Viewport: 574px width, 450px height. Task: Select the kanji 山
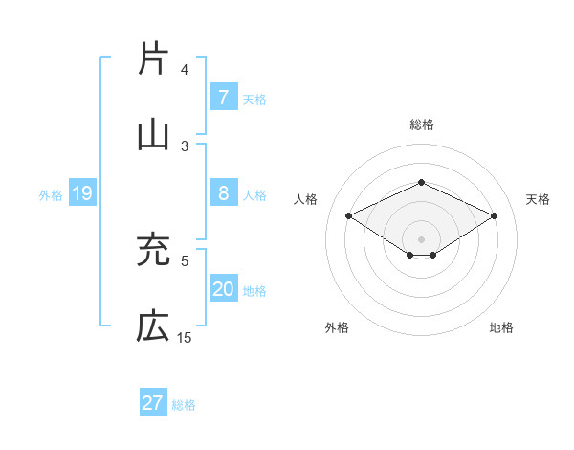tap(152, 136)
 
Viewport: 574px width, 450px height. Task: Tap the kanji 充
tap(152, 251)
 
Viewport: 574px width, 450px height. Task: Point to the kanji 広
tap(152, 327)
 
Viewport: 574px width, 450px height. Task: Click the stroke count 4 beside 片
tap(185, 70)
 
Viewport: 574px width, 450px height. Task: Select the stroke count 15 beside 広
tap(184, 337)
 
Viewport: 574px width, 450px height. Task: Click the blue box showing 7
tap(223, 98)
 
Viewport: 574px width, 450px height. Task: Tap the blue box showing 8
tap(223, 194)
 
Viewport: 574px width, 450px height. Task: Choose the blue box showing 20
tap(223, 289)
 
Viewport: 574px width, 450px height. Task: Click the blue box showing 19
tap(81, 194)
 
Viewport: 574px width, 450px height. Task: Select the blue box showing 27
tap(152, 403)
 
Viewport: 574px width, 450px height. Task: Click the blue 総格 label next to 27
tap(184, 405)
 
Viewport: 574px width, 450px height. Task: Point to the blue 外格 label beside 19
tap(51, 195)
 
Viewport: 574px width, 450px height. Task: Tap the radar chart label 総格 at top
tap(421, 124)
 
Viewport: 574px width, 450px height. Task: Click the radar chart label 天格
tap(538, 199)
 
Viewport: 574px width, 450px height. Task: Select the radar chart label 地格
tap(501, 327)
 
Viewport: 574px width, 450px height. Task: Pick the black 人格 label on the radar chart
tap(305, 199)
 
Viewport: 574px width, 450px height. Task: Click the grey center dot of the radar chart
tap(421, 238)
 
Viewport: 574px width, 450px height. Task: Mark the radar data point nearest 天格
tap(494, 216)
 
